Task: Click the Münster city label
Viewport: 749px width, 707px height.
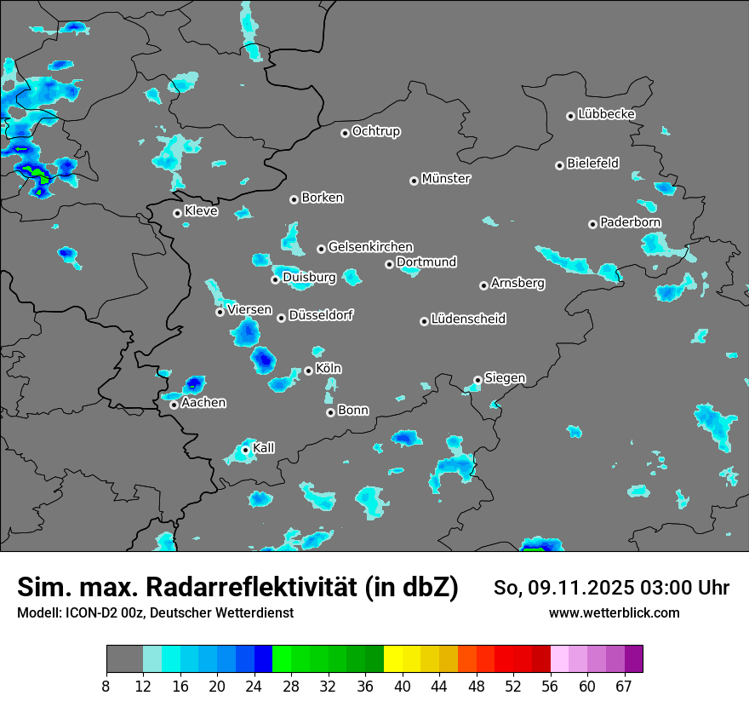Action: click(x=446, y=179)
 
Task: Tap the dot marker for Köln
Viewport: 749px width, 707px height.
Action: click(x=309, y=371)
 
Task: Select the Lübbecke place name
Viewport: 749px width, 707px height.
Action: click(x=606, y=114)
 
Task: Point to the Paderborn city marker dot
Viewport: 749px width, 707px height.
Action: click(x=593, y=224)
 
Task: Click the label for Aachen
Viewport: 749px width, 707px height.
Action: click(x=203, y=403)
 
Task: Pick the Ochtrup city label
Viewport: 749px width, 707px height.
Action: click(x=376, y=131)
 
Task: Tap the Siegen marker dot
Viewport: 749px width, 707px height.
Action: click(x=477, y=380)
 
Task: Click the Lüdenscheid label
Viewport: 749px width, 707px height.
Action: click(x=468, y=319)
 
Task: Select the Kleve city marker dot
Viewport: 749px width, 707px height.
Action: click(x=177, y=213)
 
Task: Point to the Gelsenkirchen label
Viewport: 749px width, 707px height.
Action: click(x=370, y=247)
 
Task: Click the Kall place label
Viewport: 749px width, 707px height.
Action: click(x=264, y=448)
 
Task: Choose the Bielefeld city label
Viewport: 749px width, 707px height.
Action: click(x=592, y=164)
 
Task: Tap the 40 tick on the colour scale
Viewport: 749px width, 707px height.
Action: click(x=403, y=686)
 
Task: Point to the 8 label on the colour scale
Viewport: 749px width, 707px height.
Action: click(x=106, y=686)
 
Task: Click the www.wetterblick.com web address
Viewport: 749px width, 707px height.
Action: click(x=614, y=612)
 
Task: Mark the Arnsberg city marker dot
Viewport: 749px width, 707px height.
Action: click(x=483, y=285)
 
